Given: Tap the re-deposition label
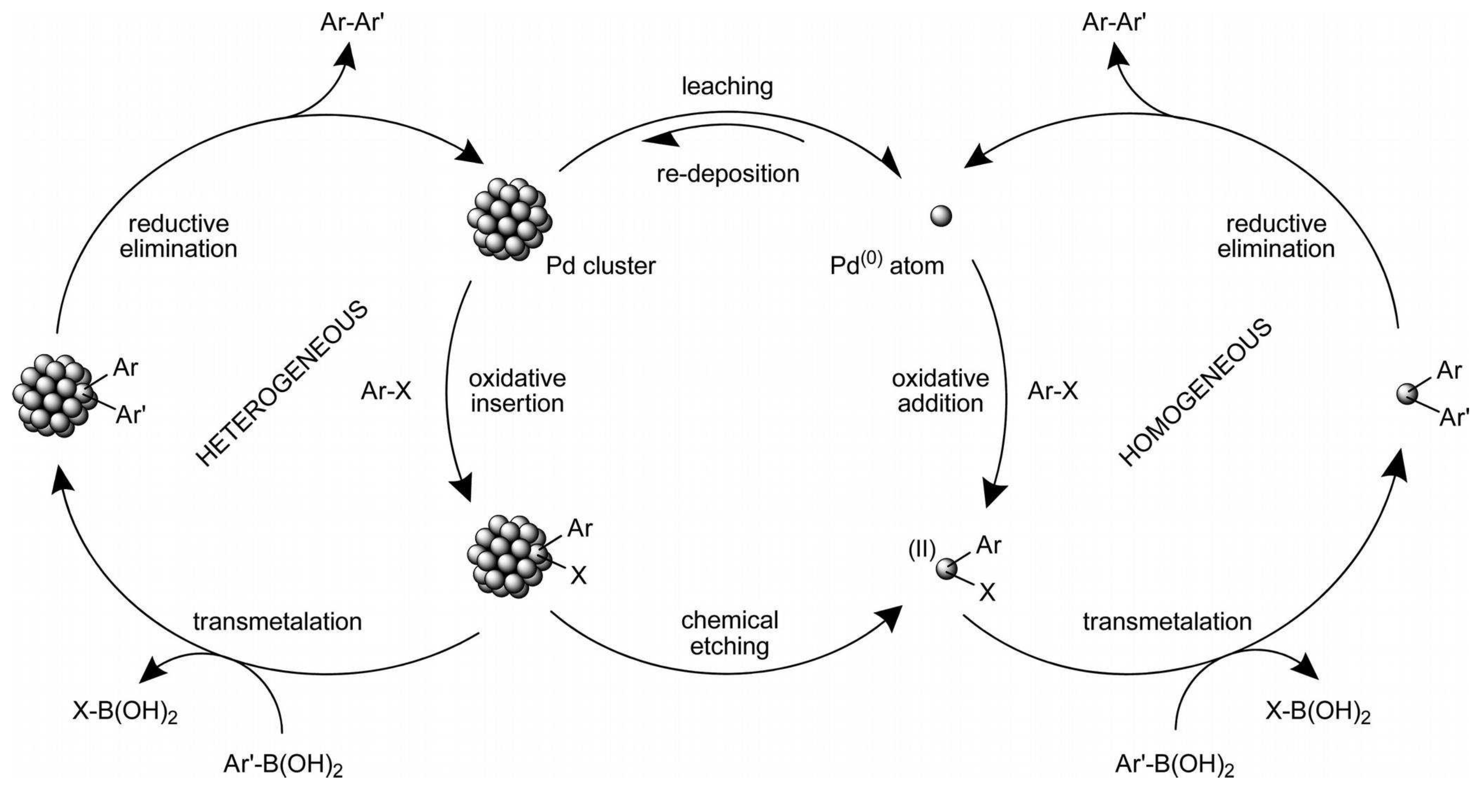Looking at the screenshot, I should tap(728, 173).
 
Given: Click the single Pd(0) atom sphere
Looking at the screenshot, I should tap(941, 217).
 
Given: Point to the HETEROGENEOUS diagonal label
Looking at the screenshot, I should tap(282, 384).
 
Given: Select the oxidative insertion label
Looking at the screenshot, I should tap(517, 391).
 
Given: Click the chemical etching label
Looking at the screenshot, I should tap(729, 633).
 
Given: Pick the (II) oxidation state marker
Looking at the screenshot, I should tap(922, 550).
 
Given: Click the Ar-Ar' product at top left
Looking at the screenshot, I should tap(351, 22).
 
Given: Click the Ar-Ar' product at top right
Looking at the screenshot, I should tap(1114, 22).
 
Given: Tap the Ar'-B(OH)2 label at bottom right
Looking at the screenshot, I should tap(1175, 766).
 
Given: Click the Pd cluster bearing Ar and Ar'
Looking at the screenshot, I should tap(55, 395).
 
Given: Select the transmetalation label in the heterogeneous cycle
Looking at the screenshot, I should tap(277, 622).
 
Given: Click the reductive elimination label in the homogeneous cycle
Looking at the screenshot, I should tap(1276, 236).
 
